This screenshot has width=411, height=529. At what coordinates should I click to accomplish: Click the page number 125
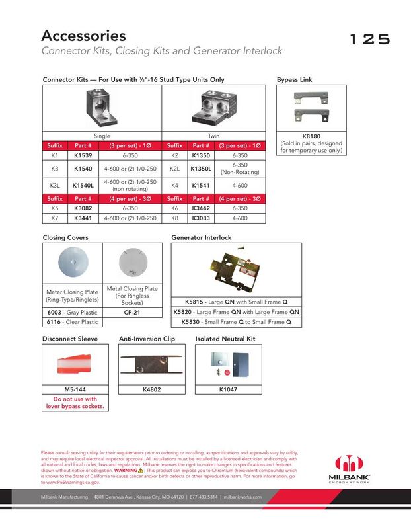[370, 39]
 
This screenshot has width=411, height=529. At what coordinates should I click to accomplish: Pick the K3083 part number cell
[201, 217]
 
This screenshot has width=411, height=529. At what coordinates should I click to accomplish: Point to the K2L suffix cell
[175, 169]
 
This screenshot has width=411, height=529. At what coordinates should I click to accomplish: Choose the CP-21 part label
[132, 312]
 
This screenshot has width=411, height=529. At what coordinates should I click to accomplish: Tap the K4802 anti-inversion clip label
[153, 389]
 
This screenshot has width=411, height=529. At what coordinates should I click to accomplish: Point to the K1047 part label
[228, 389]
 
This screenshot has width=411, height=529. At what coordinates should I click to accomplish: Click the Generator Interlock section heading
[202, 237]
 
